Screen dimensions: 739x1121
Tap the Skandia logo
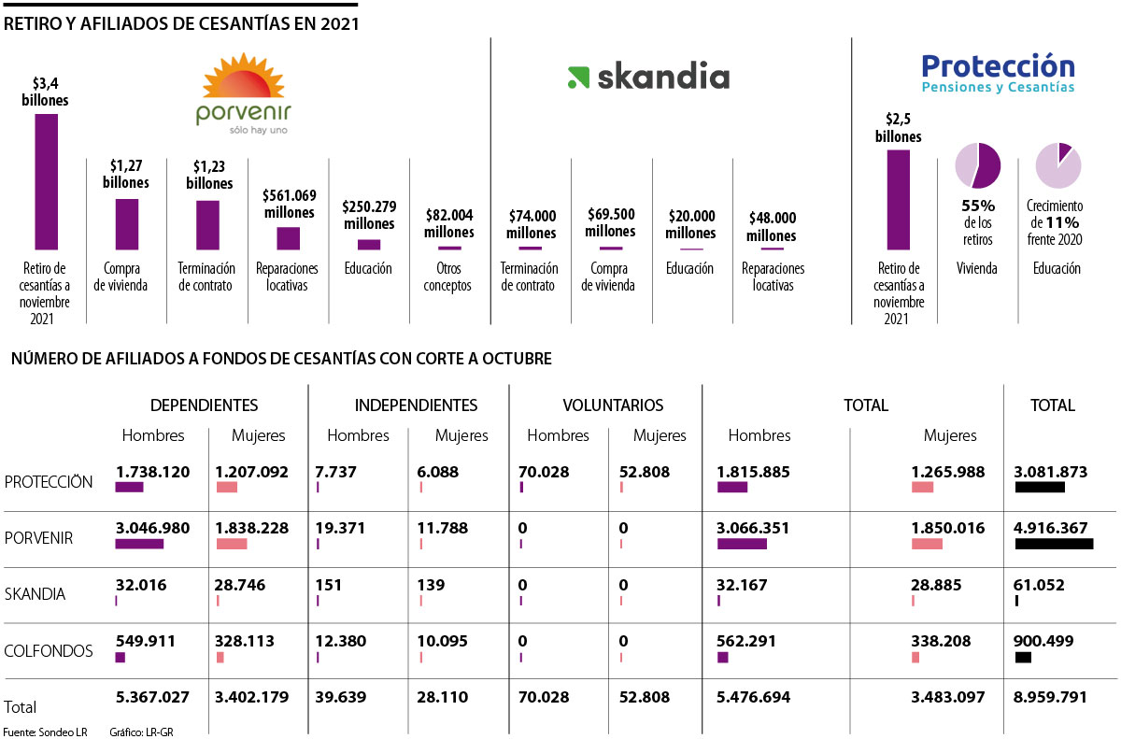[x=647, y=78]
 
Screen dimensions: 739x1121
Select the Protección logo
[x=998, y=73]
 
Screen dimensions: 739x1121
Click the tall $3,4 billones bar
[x=47, y=181]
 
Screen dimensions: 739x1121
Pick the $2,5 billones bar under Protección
[x=898, y=199]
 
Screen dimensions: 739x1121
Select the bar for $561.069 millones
[x=289, y=238]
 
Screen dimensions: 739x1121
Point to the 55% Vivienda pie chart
[x=977, y=165]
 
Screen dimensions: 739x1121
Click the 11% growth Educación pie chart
[x=1057, y=165]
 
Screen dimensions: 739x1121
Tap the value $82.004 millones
[x=449, y=223]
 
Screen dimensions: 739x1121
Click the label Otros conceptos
[x=448, y=277]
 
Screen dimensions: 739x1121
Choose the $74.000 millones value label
[x=531, y=224]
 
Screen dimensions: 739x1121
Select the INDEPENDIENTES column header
[x=416, y=405]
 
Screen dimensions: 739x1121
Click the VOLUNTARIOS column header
[x=613, y=405]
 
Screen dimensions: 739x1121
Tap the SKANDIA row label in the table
[x=35, y=594]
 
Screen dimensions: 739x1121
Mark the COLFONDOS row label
[x=49, y=651]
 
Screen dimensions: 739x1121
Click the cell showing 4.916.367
[x=1050, y=528]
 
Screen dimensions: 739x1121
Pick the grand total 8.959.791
[x=1050, y=696]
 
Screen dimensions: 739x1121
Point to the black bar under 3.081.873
[x=1040, y=488]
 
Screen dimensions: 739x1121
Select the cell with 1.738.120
[x=152, y=472]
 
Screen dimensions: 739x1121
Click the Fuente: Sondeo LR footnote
[x=42, y=732]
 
